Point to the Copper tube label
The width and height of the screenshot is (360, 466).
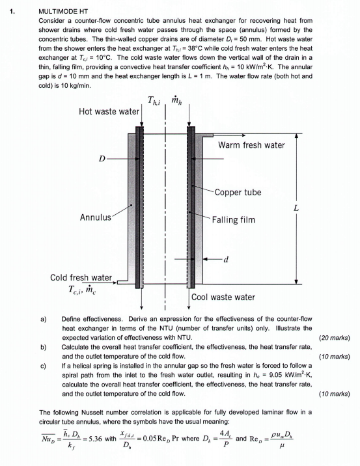tap(238, 193)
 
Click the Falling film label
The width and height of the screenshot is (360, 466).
tap(234, 219)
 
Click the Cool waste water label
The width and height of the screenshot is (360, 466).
tap(223, 297)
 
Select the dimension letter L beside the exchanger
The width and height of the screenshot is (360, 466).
tap(297, 209)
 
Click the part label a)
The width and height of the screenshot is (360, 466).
tap(43, 320)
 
